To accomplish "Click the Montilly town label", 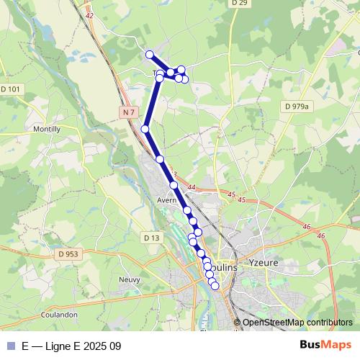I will (x=48, y=129).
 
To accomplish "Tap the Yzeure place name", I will (x=264, y=263).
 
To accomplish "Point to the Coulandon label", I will (x=60, y=315).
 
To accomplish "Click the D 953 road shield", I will (x=69, y=254).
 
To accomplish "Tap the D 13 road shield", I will (x=151, y=238).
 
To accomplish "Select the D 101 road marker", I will (x=12, y=89).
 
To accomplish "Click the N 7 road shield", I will (x=129, y=112).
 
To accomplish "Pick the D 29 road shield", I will (x=239, y=4).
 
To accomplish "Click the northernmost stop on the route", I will (x=150, y=55).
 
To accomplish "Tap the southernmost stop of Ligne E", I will (x=215, y=286).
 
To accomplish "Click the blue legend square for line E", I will (x=10, y=346).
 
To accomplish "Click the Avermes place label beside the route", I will (x=167, y=200).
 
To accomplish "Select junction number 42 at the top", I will (x=89, y=15).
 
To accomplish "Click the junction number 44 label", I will (x=191, y=188).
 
